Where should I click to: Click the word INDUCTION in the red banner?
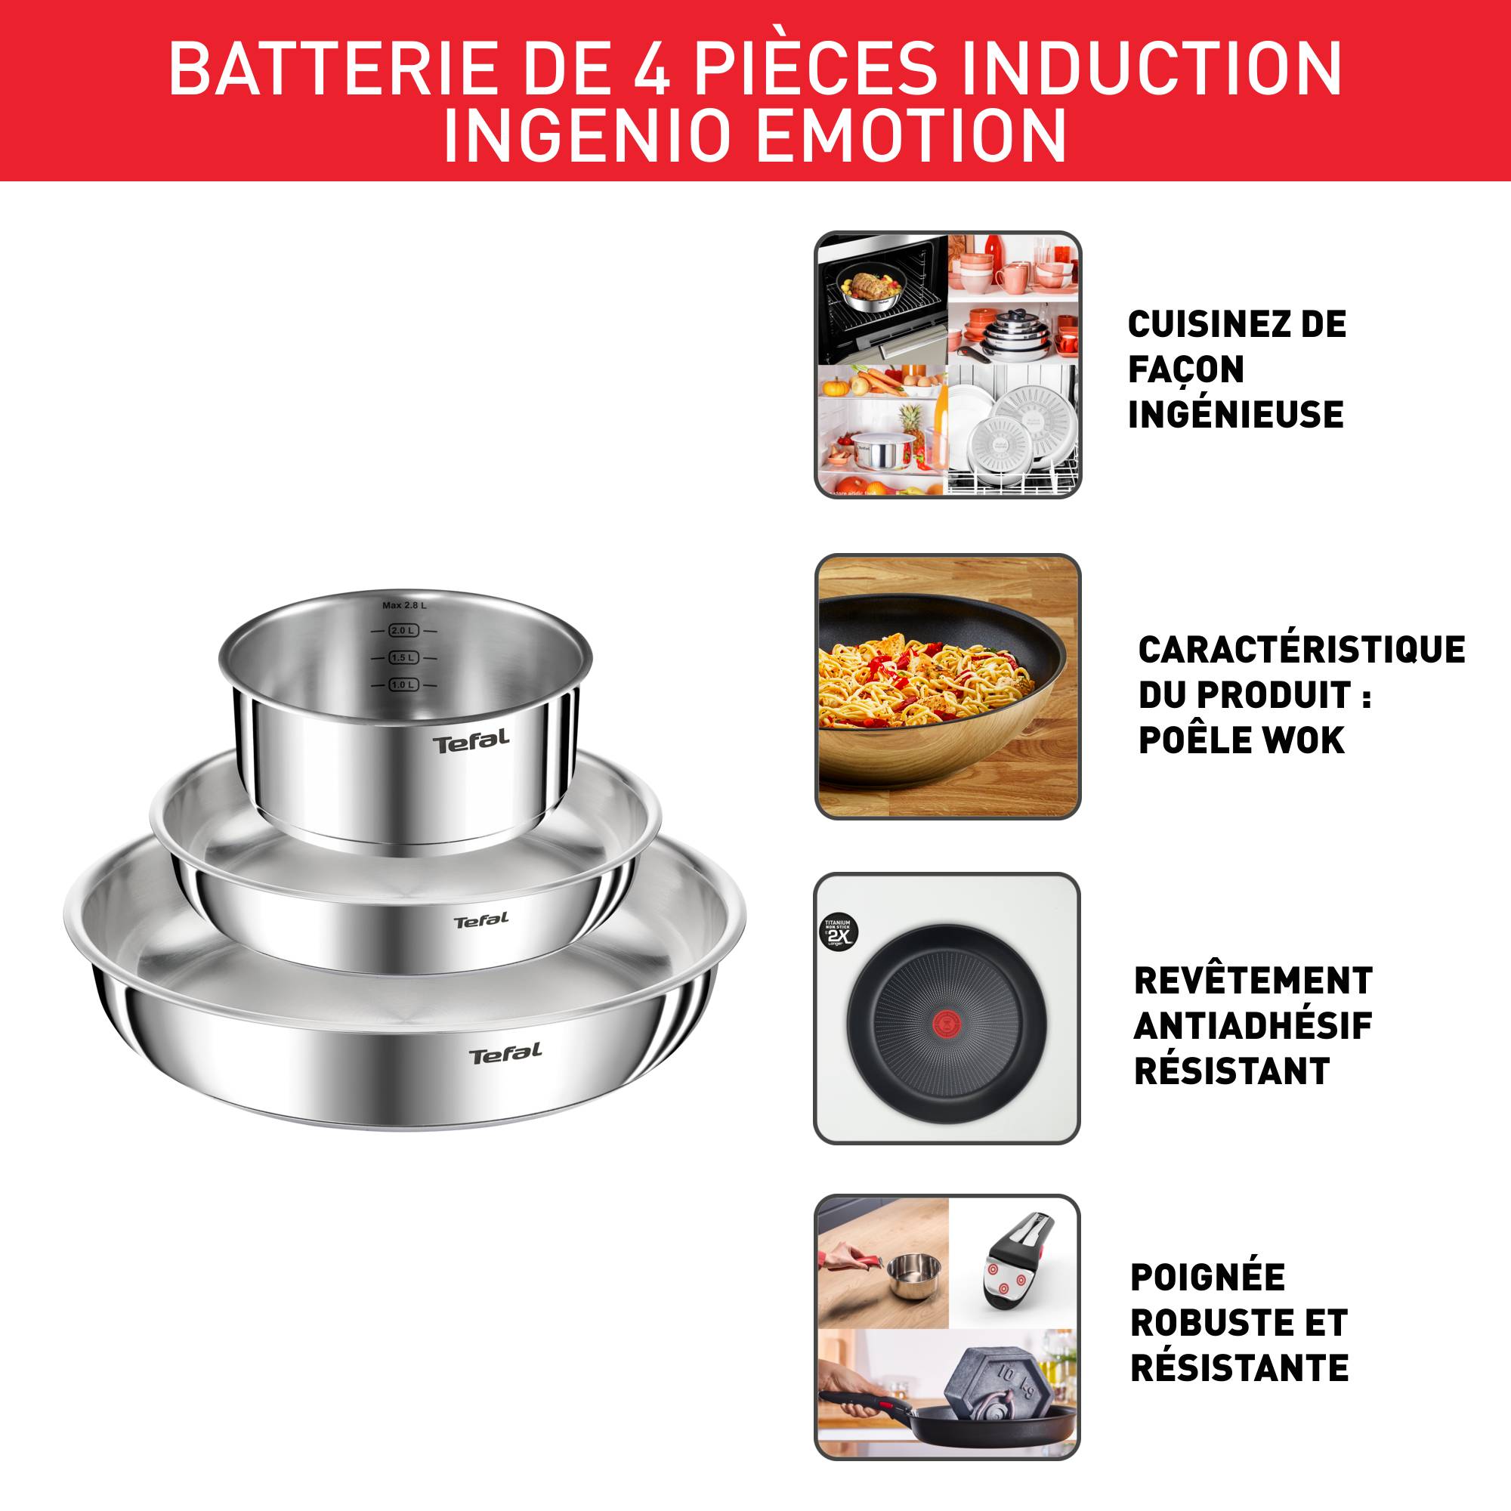coord(1151,69)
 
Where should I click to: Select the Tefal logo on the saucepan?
coord(471,740)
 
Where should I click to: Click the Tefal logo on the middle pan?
coord(481,920)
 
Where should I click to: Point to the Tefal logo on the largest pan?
coord(505,1054)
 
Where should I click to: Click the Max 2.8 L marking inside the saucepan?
coord(404,605)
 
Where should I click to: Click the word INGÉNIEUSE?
coord(1235,415)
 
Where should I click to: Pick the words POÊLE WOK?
coord(1241,740)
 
